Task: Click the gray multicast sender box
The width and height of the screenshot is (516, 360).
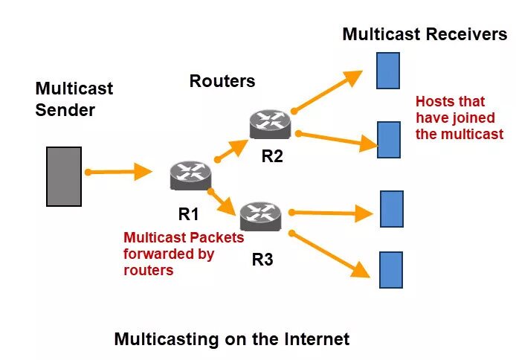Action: click(64, 176)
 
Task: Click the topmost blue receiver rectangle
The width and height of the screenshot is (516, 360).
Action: click(388, 71)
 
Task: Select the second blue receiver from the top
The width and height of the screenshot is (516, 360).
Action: click(389, 139)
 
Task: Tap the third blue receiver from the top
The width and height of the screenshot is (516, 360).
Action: click(391, 208)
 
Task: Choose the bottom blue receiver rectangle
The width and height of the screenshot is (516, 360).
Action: click(391, 269)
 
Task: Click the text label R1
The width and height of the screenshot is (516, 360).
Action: click(188, 214)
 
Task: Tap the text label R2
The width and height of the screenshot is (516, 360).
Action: click(273, 156)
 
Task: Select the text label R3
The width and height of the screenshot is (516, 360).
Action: click(262, 260)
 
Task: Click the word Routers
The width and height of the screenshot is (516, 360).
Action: click(222, 81)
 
